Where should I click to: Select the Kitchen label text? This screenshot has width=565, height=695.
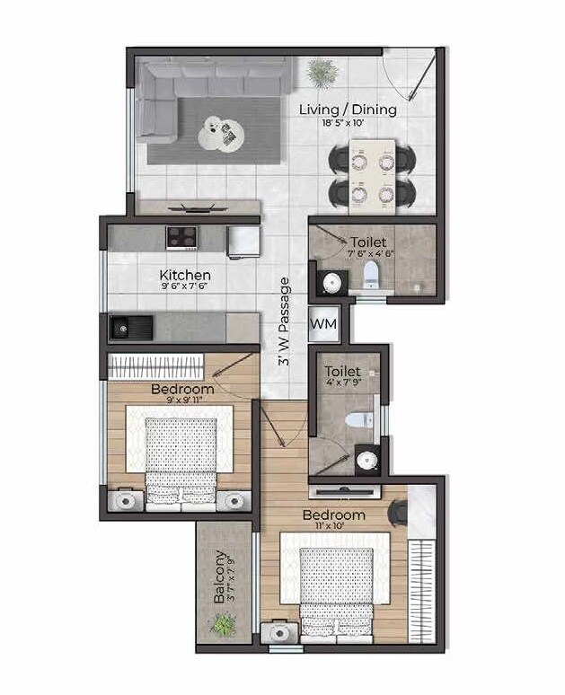(x=185, y=275)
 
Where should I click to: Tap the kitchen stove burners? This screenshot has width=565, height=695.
(x=182, y=237)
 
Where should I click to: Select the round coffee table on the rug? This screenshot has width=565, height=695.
(x=216, y=132)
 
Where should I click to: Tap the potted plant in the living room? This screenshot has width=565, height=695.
(x=319, y=70)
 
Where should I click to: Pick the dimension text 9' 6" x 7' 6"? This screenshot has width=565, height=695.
(x=185, y=288)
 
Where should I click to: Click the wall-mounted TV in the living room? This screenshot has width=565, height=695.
(x=198, y=207)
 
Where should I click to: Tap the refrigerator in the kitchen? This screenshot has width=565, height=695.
(x=243, y=239)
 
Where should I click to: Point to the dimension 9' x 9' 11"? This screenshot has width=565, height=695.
(x=182, y=402)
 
